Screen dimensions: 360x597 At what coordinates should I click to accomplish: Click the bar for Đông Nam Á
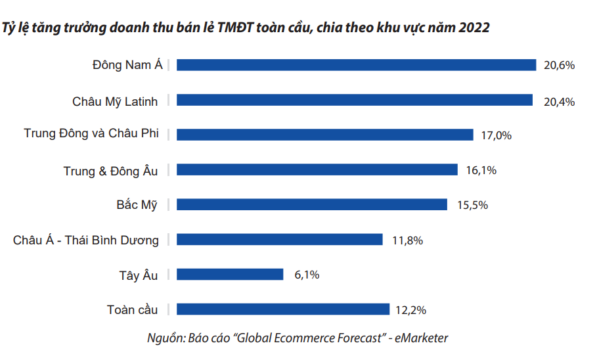point(357,65)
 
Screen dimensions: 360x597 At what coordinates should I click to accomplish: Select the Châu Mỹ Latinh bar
point(355,100)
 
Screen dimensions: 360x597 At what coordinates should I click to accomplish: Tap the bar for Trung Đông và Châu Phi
point(325,135)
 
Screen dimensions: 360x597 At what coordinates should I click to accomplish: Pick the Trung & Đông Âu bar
point(317,170)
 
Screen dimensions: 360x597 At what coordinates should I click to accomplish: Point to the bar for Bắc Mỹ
point(312,204)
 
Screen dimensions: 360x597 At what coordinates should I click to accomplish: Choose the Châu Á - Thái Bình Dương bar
point(280,240)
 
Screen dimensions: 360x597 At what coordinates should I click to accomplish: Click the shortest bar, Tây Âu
point(230,275)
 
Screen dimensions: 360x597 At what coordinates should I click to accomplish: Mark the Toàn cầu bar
point(283,309)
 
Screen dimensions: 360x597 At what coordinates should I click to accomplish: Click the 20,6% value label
point(560,65)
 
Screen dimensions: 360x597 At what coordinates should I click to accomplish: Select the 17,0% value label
point(496,135)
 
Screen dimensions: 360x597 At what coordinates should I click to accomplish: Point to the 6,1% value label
point(306,275)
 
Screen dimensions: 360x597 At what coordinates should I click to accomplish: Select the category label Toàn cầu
point(132,309)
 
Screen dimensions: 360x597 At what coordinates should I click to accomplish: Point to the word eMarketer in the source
point(421,338)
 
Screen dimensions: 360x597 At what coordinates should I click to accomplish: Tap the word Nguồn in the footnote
point(166,339)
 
